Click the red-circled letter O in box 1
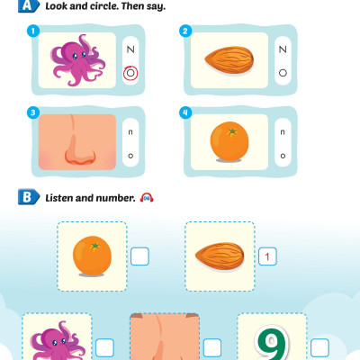coord(130,73)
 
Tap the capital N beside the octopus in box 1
coord(130,49)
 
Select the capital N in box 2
coord(283,49)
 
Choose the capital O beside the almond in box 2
coord(283,73)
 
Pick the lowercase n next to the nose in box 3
coord(130,132)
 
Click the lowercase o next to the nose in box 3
coord(130,156)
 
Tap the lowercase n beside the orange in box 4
coord(283,132)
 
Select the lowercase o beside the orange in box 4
coord(283,156)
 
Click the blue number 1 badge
coord(33,31)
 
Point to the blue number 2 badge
coord(185,31)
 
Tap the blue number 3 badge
coord(33,112)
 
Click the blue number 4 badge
coord(185,112)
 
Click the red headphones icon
coord(147,197)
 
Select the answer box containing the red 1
coord(267,256)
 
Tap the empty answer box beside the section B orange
coord(139,256)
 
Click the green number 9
coord(273,343)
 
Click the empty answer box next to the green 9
coord(319,348)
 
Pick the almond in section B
coord(220,256)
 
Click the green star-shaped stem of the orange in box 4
coord(232,131)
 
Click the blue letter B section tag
coord(29,197)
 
